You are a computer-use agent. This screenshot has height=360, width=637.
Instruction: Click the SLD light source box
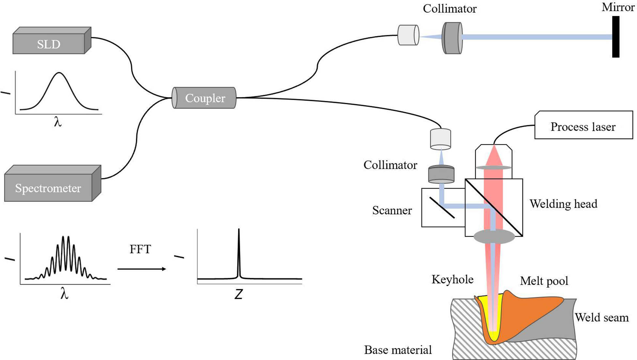pyautogui.click(x=49, y=44)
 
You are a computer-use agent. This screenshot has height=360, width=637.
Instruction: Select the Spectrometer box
pyautogui.click(x=48, y=188)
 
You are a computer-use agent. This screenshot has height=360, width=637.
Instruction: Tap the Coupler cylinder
pyautogui.click(x=204, y=98)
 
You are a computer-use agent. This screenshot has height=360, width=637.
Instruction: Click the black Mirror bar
pyautogui.click(x=615, y=37)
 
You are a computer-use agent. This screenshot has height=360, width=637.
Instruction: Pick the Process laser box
pyautogui.click(x=583, y=126)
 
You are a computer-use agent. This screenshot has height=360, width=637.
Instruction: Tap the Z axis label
pyautogui.click(x=238, y=294)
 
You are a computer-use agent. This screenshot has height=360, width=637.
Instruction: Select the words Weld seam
pyautogui.click(x=601, y=317)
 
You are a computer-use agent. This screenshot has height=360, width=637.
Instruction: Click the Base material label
pyautogui.click(x=398, y=350)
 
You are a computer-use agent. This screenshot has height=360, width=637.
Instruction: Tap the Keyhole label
pyautogui.click(x=452, y=279)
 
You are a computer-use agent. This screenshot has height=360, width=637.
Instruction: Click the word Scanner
pyautogui.click(x=392, y=210)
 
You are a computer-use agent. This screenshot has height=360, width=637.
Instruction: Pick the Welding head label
pyautogui.click(x=563, y=204)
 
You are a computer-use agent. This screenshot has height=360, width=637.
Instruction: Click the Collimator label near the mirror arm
pyautogui.click(x=449, y=8)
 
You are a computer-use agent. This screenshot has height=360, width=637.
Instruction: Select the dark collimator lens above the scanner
pyautogui.click(x=441, y=174)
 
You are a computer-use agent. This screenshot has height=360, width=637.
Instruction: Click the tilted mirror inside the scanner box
pyautogui.click(x=441, y=207)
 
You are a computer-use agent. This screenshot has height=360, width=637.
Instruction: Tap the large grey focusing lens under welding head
pyautogui.click(x=494, y=236)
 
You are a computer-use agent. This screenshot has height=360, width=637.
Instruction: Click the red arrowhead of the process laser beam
pyautogui.click(x=494, y=155)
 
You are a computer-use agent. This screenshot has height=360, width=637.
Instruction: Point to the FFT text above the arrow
pyautogui.click(x=140, y=249)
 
